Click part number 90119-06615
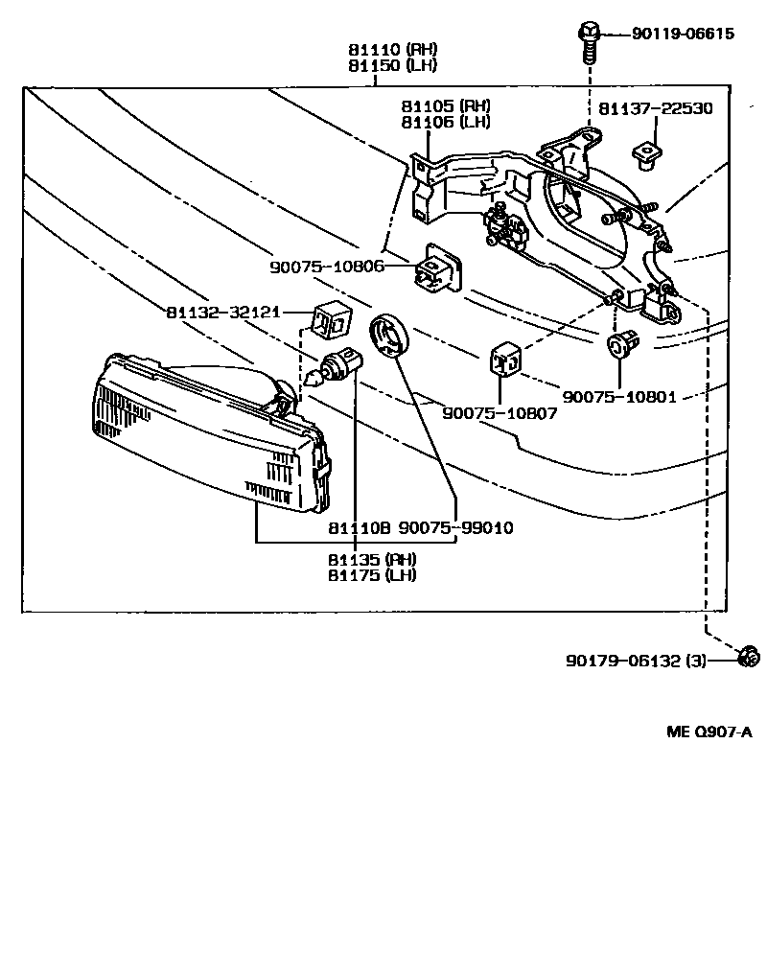click(683, 34)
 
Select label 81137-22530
click(656, 108)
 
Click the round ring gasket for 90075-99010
click(388, 337)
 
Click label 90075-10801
click(619, 395)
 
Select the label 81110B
click(359, 528)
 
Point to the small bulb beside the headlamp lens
click(336, 367)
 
